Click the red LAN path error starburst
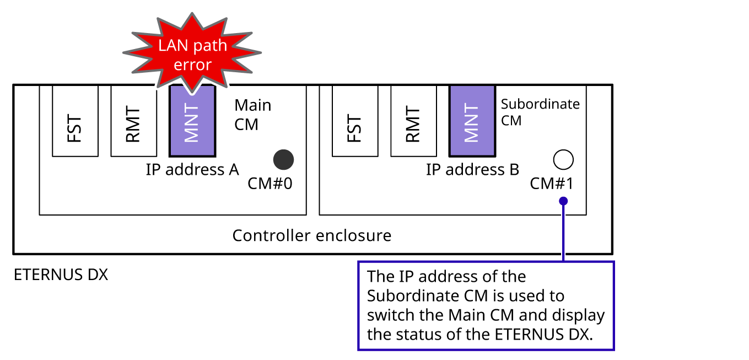coord(192,55)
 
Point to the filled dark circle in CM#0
coord(284,159)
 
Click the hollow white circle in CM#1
coord(563,159)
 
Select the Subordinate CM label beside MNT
coord(540,112)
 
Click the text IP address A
coord(192,169)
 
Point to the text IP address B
coord(472,169)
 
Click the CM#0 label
coord(270,183)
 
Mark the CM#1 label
coord(551,183)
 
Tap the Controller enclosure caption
coord(311,235)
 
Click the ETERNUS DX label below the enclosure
coord(61,275)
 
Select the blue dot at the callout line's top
coord(563,201)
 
